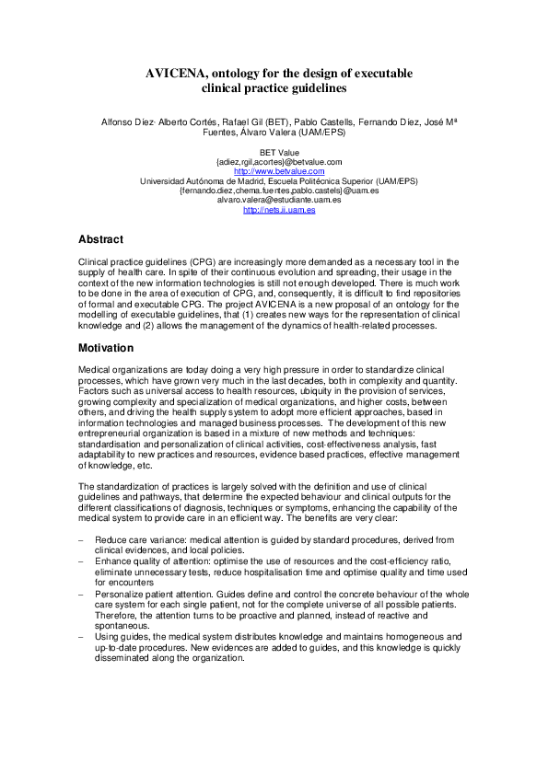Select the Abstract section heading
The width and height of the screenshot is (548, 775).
(x=101, y=239)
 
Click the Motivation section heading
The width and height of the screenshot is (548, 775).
(x=107, y=349)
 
